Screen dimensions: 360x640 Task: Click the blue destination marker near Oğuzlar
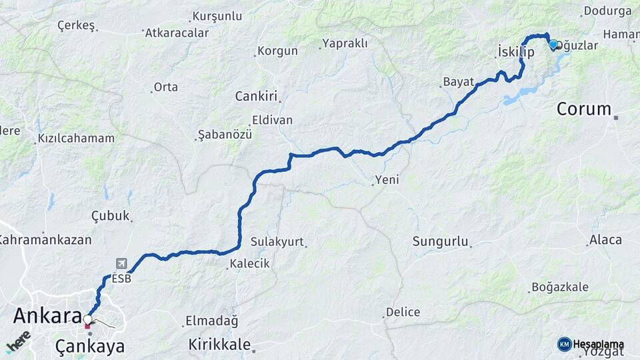pyautogui.click(x=553, y=45)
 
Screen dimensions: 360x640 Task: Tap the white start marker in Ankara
pyautogui.click(x=87, y=319)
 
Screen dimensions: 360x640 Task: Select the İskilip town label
pyautogui.click(x=516, y=52)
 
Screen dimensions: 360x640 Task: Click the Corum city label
pyautogui.click(x=583, y=109)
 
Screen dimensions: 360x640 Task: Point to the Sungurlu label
pyautogui.click(x=441, y=241)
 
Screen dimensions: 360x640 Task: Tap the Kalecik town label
pyautogui.click(x=249, y=264)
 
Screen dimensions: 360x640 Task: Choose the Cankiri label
pyautogui.click(x=256, y=97)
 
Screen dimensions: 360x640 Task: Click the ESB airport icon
pyautogui.click(x=121, y=264)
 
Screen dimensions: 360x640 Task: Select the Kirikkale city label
pyautogui.click(x=219, y=345)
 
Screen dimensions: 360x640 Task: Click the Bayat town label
pyautogui.click(x=457, y=83)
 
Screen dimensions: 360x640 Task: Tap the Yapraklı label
pyautogui.click(x=345, y=43)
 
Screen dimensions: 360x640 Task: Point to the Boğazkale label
pyautogui.click(x=560, y=287)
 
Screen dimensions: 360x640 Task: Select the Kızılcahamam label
pyautogui.click(x=76, y=139)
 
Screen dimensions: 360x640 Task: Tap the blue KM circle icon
pyautogui.click(x=564, y=344)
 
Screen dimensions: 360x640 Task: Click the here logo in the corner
pyautogui.click(x=18, y=341)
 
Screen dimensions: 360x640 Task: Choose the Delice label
pyautogui.click(x=403, y=312)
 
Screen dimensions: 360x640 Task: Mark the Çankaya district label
pyautogui.click(x=90, y=346)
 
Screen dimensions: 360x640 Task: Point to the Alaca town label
pyautogui.click(x=605, y=240)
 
